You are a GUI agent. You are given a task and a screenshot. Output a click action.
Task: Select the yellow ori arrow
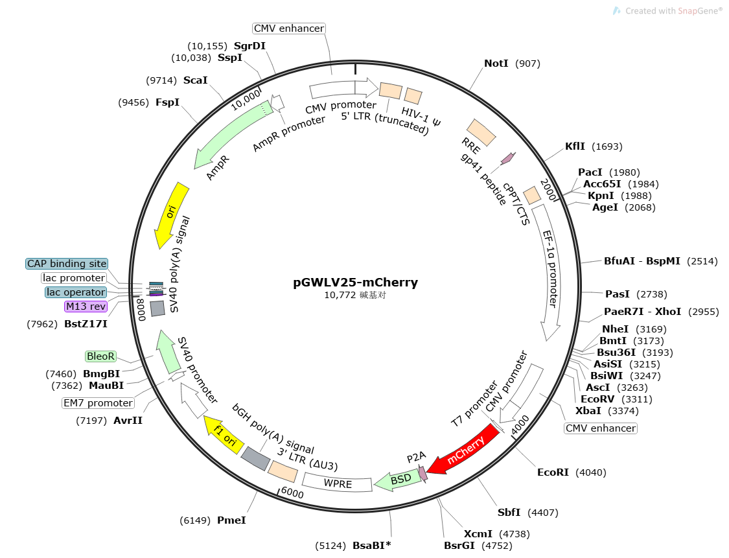tap(170, 215)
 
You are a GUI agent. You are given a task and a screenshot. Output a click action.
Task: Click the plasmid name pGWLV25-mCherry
tap(355, 283)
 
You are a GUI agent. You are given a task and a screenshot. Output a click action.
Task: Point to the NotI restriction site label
tap(496, 64)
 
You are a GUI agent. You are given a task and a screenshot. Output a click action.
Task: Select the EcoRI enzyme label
tap(553, 472)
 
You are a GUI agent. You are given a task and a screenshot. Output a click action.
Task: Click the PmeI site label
tap(231, 520)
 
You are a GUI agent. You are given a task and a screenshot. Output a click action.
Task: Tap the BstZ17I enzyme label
tap(86, 324)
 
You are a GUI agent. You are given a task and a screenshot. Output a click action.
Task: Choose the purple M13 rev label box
tap(86, 307)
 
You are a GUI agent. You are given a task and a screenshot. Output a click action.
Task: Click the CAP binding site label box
tap(67, 264)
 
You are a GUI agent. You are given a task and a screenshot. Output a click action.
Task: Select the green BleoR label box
tap(100, 356)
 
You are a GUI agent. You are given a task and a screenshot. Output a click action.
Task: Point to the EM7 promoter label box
tap(98, 402)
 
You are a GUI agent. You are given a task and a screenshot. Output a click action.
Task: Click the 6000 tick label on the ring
tap(292, 493)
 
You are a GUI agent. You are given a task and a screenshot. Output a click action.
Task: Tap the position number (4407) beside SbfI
tap(542, 513)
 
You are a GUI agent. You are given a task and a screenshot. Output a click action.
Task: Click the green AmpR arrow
tap(232, 134)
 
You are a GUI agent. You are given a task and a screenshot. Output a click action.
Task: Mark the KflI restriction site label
tap(575, 146)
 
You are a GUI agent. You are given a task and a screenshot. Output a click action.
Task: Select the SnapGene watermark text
tap(674, 11)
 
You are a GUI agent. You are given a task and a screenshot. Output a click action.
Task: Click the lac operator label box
tap(76, 292)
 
